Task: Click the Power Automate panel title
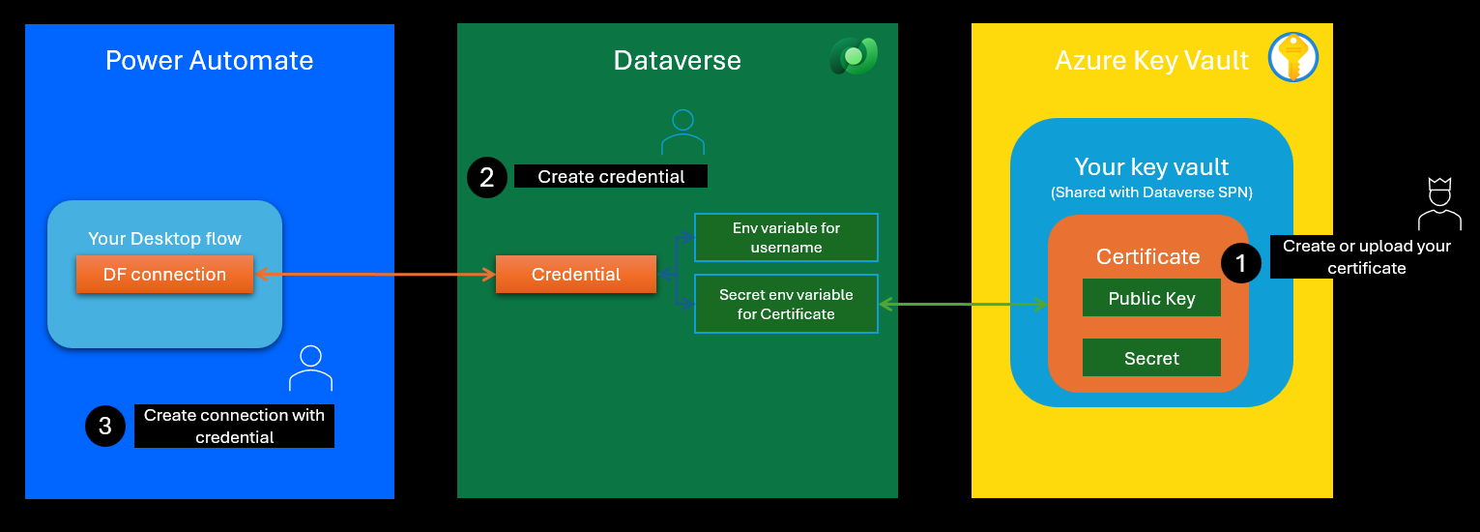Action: (x=209, y=60)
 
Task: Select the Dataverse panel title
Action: (x=677, y=60)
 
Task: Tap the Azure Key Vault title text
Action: (x=1151, y=61)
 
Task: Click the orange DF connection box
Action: (x=164, y=275)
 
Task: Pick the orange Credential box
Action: (x=576, y=275)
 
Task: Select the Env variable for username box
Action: (x=786, y=238)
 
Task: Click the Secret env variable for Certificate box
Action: (x=786, y=304)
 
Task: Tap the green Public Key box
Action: (x=1151, y=298)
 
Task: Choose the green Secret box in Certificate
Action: (x=1151, y=358)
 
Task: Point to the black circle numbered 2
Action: (x=486, y=177)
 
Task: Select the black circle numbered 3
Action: (x=105, y=426)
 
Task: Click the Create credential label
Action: (x=611, y=176)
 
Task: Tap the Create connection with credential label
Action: (x=234, y=426)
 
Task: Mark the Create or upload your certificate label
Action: (x=1366, y=256)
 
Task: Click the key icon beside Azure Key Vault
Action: (x=1293, y=57)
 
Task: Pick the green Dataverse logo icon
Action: (x=853, y=57)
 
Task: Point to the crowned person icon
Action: (x=1438, y=203)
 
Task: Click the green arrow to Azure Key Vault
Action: (x=963, y=305)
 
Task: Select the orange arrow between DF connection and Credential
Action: (x=374, y=275)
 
